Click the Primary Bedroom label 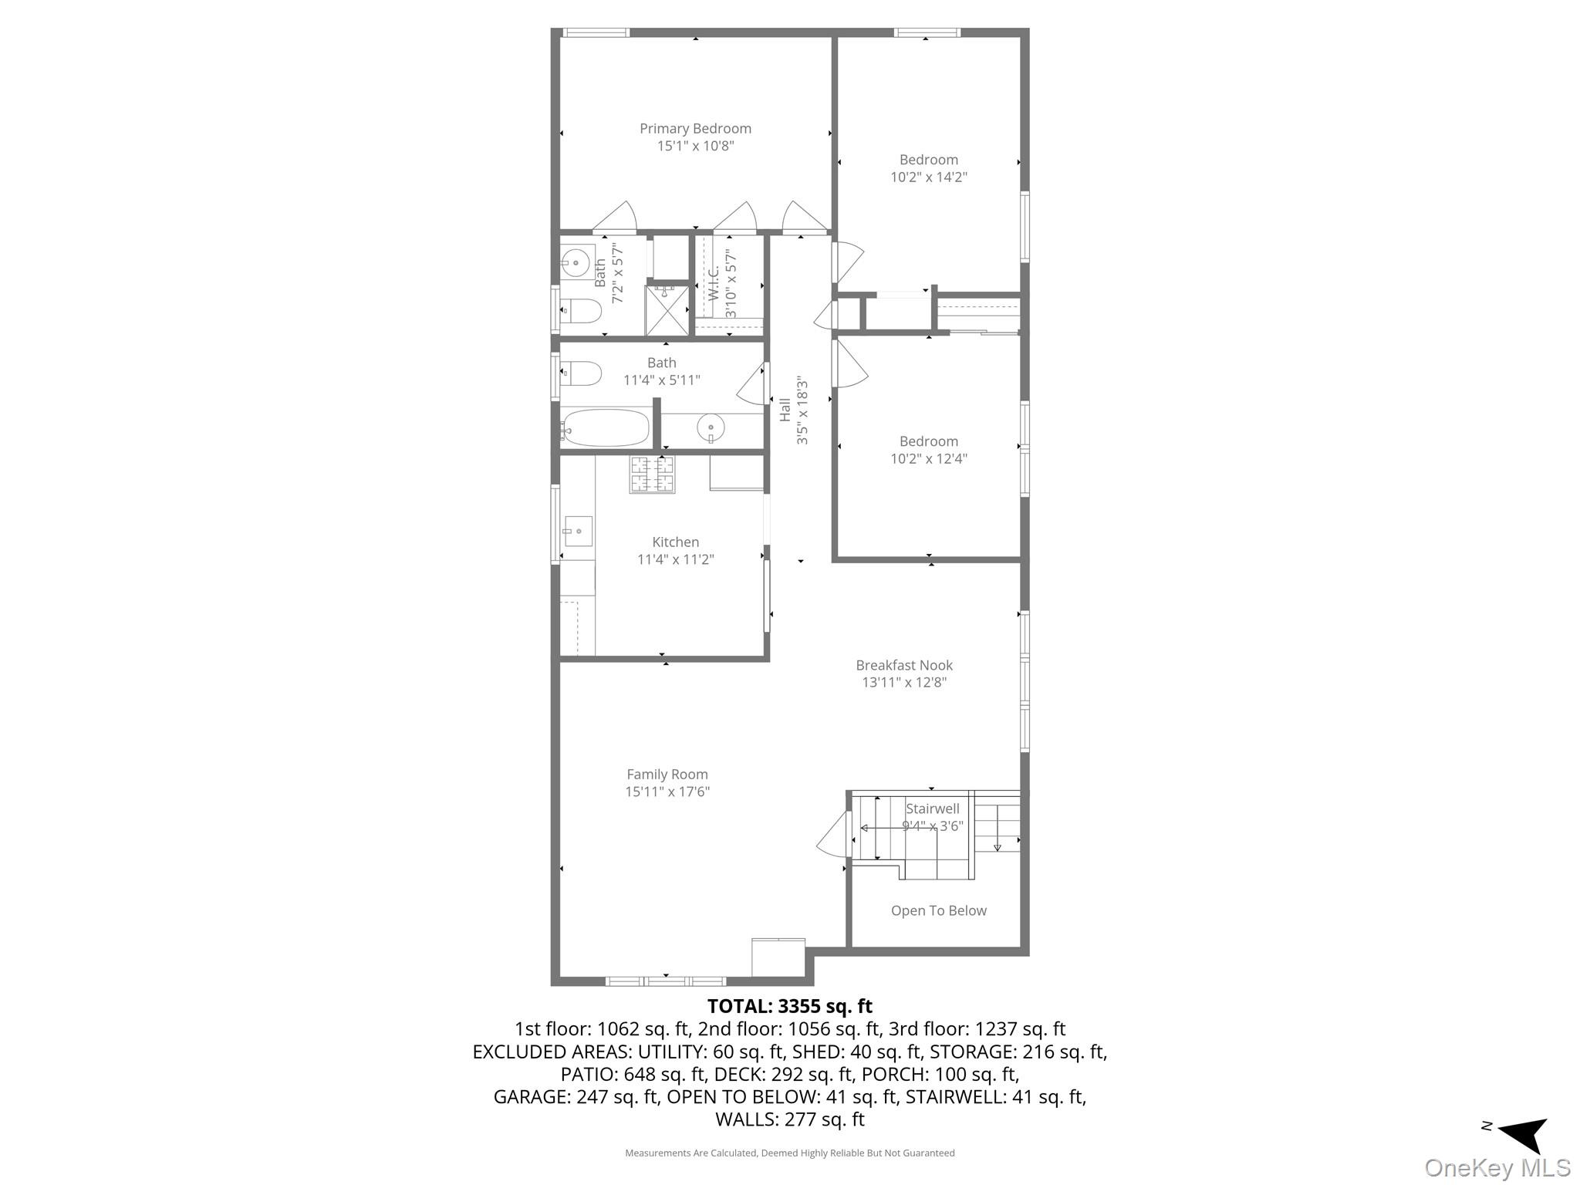(695, 129)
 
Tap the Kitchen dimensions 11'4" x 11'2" (675, 559)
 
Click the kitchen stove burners (652, 474)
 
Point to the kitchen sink (577, 531)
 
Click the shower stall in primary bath (667, 311)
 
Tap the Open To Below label (938, 911)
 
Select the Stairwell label (932, 809)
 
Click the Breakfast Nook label (904, 665)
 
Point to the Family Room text (667, 775)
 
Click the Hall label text (785, 410)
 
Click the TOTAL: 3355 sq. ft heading (789, 1007)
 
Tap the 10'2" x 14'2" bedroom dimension (928, 177)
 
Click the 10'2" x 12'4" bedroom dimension (928, 459)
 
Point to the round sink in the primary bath (576, 263)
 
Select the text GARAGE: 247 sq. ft (576, 1097)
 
